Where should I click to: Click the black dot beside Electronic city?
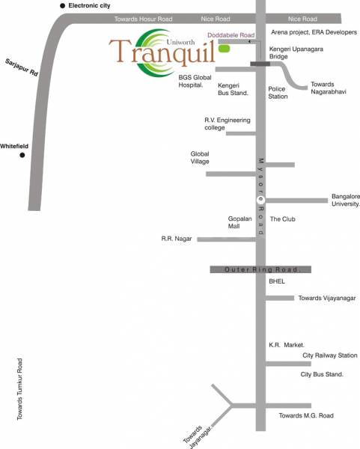tap(63, 6)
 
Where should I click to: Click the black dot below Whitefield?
tap(23, 156)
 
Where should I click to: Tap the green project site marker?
tap(225, 49)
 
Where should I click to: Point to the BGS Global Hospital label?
tap(197, 81)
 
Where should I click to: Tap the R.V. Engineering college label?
tap(228, 123)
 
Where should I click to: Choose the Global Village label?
tap(206, 157)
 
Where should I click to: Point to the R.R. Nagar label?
tap(177, 239)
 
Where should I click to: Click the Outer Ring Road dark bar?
tap(260, 269)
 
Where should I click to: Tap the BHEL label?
tap(277, 284)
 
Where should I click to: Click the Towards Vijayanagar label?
tap(326, 298)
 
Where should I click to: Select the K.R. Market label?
tap(284, 346)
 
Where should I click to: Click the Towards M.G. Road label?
tap(305, 415)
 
